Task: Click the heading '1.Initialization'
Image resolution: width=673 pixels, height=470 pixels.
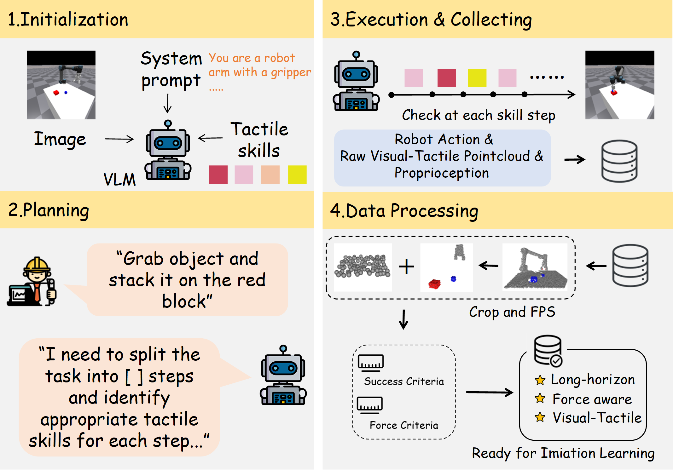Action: tap(68, 20)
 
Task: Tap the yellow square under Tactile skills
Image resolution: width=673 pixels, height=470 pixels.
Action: tap(297, 175)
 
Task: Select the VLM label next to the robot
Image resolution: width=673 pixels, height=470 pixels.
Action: tap(119, 180)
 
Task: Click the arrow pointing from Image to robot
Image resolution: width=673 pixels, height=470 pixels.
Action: tap(119, 139)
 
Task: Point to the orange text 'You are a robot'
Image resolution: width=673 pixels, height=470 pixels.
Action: tap(252, 58)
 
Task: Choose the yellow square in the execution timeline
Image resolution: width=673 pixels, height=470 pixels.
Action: tap(477, 78)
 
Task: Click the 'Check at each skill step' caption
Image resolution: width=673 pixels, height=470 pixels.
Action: tap(478, 115)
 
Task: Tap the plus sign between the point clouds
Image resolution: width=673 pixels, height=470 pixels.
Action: tap(406, 267)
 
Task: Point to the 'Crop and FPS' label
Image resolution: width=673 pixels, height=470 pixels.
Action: tap(512, 312)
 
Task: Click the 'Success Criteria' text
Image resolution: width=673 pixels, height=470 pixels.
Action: tap(404, 381)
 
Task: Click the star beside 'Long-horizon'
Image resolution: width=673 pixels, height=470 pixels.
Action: tap(540, 380)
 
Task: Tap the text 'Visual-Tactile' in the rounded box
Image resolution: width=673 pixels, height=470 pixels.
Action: tap(597, 418)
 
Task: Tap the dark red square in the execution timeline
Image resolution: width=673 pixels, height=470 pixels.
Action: tap(446, 78)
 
